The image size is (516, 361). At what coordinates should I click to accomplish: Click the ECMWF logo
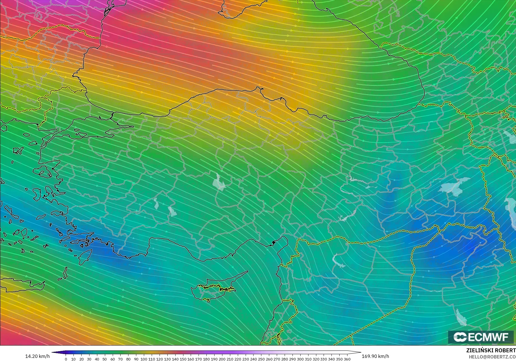coord(481,337)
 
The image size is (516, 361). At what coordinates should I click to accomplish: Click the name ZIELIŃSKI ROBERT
coord(491,350)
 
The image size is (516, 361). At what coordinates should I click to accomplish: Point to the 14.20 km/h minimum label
coord(38,356)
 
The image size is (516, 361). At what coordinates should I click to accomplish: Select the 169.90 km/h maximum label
coord(375,356)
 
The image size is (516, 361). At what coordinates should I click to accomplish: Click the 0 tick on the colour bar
coord(66,359)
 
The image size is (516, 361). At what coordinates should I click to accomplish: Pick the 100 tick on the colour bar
coord(144,359)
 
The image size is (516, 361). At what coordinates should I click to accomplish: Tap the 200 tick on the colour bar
coord(222,359)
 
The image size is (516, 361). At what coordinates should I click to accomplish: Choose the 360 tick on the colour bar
coord(347,359)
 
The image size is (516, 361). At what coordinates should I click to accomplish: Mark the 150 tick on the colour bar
coord(183,359)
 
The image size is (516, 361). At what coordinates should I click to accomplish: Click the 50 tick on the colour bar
coord(105,359)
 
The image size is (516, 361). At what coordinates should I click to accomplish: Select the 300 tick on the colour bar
coord(300,359)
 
